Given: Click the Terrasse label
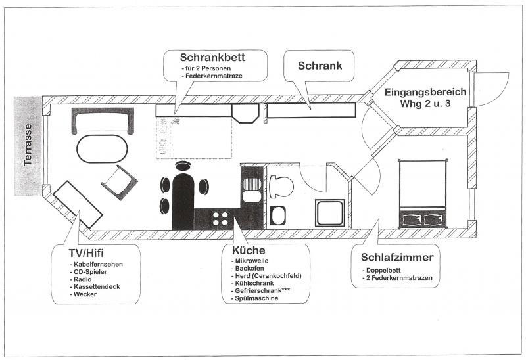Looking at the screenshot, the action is point(28,145).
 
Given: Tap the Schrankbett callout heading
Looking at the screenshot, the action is point(212,57).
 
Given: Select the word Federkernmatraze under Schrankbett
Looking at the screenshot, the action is point(214,76).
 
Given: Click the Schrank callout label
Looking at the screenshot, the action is point(320,66).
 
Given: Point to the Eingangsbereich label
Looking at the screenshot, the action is point(425,92).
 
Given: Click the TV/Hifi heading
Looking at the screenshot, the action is point(86,252).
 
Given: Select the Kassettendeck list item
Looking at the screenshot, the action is point(97,286).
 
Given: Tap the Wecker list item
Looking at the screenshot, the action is point(85,294).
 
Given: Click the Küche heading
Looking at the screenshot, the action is point(249,250).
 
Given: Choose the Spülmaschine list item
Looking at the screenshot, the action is point(256,298).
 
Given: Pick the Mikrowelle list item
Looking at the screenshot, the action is point(252,261).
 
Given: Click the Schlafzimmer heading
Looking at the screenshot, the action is point(397,258).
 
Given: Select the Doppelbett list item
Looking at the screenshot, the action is point(383,270).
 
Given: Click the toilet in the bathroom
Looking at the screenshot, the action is point(281,187).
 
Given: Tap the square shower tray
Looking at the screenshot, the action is point(330,213).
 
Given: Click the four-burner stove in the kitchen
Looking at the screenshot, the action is point(220,219).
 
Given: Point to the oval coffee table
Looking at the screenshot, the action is point(103,149).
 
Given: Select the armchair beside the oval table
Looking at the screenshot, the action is point(120,183).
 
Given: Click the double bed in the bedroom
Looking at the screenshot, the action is point(423,194).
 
